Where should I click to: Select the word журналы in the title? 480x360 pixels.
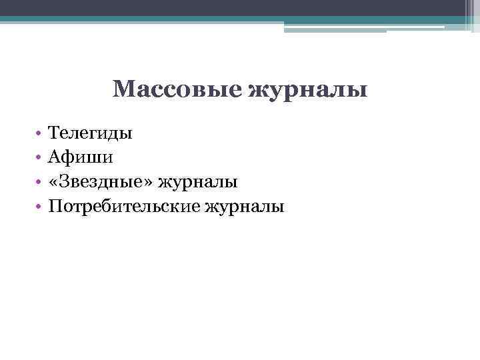click(x=308, y=90)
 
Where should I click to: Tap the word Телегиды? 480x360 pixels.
click(x=90, y=133)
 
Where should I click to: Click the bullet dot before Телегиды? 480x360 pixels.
click(x=39, y=134)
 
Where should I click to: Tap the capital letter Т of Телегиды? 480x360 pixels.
click(x=53, y=133)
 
